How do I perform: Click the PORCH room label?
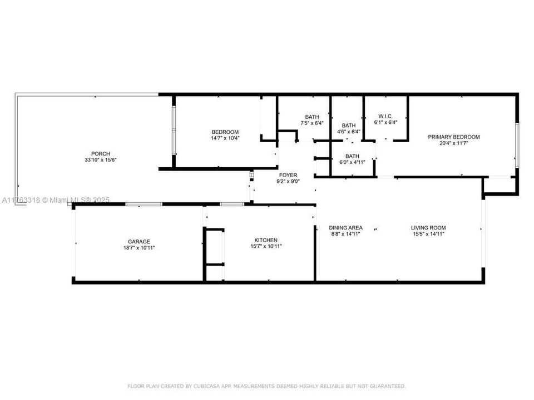pyautogui.click(x=101, y=154)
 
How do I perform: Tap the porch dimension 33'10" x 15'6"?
pyautogui.click(x=101, y=160)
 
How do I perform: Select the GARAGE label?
pyautogui.click(x=139, y=241)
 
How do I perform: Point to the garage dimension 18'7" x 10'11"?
pyautogui.click(x=139, y=247)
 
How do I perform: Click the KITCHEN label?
pyautogui.click(x=266, y=240)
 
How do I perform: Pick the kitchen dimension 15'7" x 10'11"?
pyautogui.click(x=266, y=246)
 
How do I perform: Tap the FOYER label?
pyautogui.click(x=288, y=175)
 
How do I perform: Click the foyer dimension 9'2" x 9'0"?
pyautogui.click(x=288, y=181)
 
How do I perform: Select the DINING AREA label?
pyautogui.click(x=346, y=228)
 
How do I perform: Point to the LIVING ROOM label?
pyautogui.click(x=428, y=228)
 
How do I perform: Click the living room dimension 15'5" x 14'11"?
pyautogui.click(x=428, y=234)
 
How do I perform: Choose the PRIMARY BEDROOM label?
pyautogui.click(x=453, y=137)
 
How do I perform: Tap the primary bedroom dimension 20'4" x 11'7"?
pyautogui.click(x=453, y=143)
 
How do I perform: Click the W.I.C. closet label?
pyautogui.click(x=385, y=117)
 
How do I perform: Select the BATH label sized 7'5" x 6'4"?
pyautogui.click(x=312, y=117)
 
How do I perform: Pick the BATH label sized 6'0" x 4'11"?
pyautogui.click(x=352, y=156)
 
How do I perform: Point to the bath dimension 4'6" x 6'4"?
pyautogui.click(x=349, y=132)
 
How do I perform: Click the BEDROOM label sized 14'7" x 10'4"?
pyautogui.click(x=225, y=132)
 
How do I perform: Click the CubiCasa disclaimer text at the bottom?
pyautogui.click(x=267, y=386)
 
